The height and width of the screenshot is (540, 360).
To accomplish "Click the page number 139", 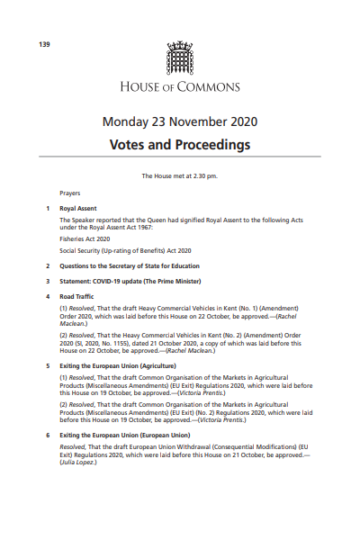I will tap(43, 44).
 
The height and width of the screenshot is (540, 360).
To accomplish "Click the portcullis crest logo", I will tap(180, 59).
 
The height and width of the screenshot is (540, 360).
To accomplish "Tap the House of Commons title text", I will tap(180, 87).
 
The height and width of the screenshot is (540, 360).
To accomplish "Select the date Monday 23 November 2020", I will tap(180, 121).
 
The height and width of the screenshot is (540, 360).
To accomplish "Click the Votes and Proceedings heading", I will tap(180, 144).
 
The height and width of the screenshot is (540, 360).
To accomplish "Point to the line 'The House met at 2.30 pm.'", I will tap(180, 176).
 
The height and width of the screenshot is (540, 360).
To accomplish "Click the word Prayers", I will tap(69, 193).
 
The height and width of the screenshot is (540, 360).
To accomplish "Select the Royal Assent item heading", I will tap(78, 208).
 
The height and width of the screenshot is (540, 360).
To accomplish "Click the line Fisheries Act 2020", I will tap(85, 238).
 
